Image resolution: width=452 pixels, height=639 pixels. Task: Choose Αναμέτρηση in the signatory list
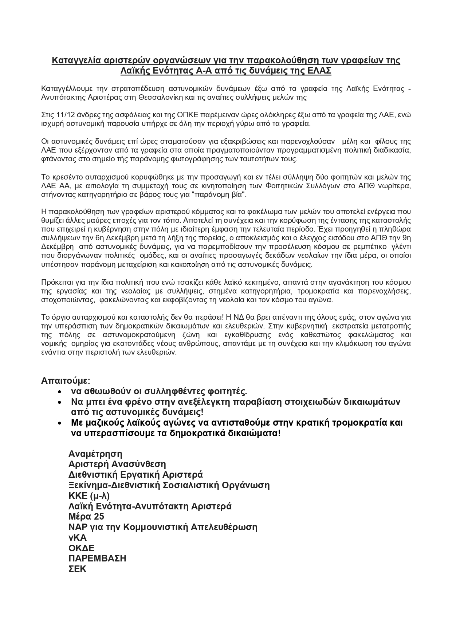[x=95, y=454]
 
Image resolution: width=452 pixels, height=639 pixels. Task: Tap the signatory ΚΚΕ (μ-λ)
[x=89, y=496]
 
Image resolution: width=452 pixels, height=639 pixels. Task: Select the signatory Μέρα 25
[x=86, y=517]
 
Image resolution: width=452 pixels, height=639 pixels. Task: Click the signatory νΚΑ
[x=78, y=538]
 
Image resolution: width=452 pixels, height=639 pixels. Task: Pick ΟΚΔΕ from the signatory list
[x=82, y=548]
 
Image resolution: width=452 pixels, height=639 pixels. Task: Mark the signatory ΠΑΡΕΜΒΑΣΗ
[x=97, y=559]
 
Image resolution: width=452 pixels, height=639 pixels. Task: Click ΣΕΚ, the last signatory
[x=78, y=569]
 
